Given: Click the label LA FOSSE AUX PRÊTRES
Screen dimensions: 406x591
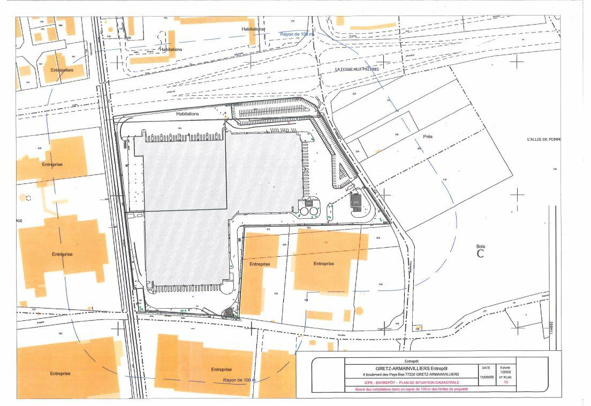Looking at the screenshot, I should (357, 69).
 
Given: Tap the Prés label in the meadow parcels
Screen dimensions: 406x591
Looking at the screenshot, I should (427, 136).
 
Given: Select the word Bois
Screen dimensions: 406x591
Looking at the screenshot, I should (480, 247).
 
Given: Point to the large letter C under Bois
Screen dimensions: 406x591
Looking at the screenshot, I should (480, 254).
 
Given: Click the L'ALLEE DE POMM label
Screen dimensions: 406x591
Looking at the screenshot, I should (543, 140).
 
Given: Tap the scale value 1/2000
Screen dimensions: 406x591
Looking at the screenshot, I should (505, 372).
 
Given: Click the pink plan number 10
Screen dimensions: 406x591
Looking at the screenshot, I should (505, 382).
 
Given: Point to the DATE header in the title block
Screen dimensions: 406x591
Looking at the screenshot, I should (486, 368).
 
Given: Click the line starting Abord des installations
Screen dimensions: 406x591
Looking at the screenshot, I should (411, 389).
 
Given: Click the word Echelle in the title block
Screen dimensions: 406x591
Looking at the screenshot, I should (505, 367).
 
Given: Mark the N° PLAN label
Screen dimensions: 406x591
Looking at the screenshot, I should (505, 377).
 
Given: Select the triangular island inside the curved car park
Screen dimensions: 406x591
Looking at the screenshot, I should (343, 172).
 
